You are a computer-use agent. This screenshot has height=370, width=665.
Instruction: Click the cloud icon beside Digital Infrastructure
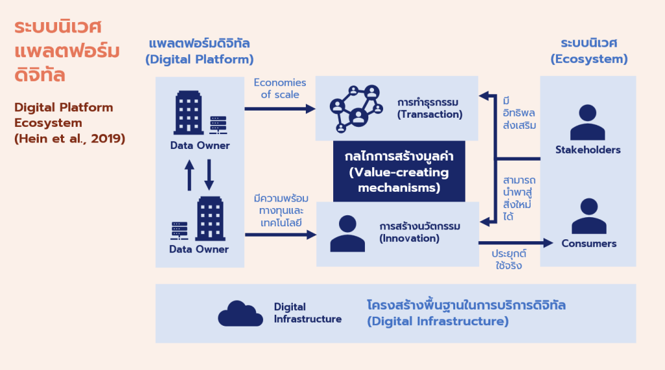point(241,313)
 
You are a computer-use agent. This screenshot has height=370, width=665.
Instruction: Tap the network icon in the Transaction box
point(355,106)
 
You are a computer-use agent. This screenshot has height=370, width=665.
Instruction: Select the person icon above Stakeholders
point(587,122)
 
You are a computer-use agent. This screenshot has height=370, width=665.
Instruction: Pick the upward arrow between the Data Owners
point(190,174)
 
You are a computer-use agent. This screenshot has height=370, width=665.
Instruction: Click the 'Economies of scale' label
point(280,88)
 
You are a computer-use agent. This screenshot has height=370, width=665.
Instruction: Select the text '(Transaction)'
point(430,114)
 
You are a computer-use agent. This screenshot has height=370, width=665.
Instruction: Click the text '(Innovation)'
point(410,238)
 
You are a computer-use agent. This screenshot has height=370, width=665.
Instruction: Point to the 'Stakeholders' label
point(588,150)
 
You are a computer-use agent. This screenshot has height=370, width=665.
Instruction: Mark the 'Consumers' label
point(589,244)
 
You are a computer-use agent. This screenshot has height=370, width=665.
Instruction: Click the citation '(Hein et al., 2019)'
point(69,138)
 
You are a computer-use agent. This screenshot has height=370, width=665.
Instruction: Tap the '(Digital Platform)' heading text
point(199,59)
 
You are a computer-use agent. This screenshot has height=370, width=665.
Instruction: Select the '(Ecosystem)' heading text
point(589,59)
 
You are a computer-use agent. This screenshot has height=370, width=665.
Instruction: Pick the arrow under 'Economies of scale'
point(280,109)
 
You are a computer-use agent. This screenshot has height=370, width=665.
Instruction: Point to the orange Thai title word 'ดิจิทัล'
point(40,73)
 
